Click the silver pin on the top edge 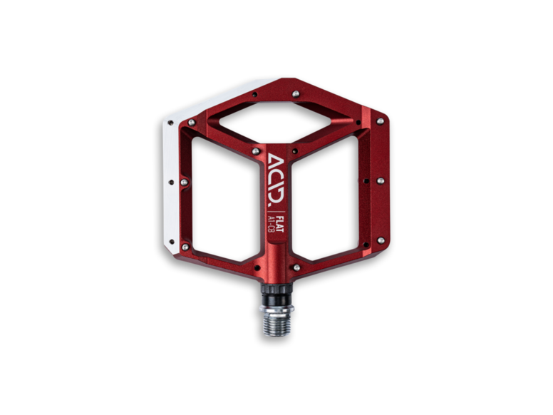(295, 93)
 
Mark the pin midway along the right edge (380, 181)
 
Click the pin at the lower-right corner (380, 240)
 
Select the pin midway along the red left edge (184, 183)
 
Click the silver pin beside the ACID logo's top (256, 151)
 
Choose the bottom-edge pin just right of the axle (296, 267)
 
